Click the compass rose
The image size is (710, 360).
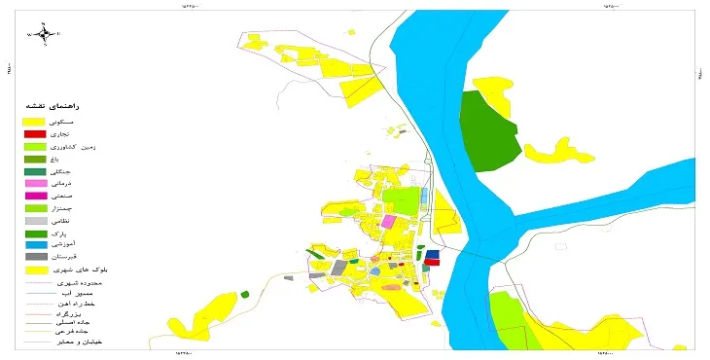44,33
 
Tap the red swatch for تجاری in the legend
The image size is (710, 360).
35,133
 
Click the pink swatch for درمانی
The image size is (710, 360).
35,183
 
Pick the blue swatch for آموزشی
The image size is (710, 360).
35,244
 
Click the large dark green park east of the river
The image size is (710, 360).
492,131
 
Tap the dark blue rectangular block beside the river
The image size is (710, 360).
432,254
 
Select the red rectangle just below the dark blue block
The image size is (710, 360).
433,262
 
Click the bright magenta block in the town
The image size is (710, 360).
388,222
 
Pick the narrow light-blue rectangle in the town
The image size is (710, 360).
424,195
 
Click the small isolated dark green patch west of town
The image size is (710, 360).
245,293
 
